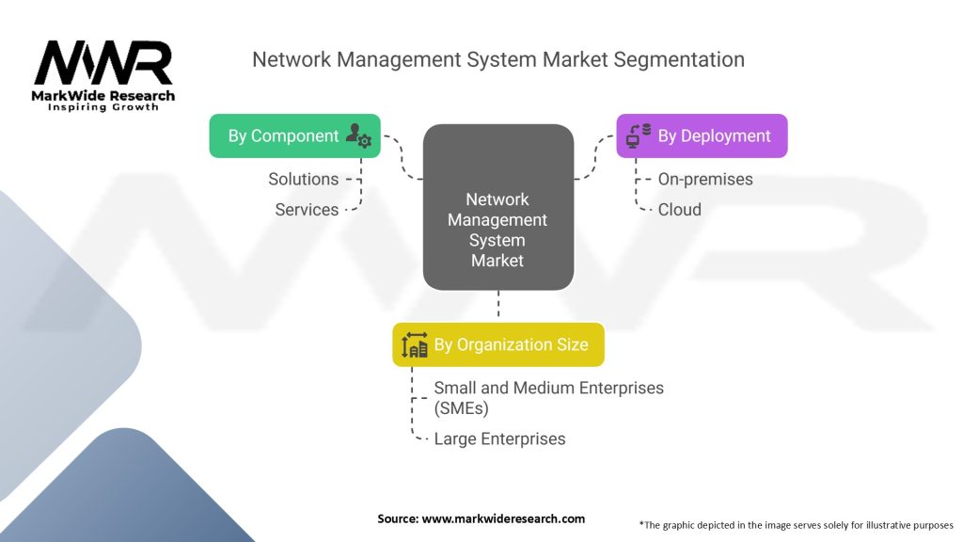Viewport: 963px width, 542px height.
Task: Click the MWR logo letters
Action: pyautogui.click(x=103, y=64)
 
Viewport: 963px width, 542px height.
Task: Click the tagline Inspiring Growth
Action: pyautogui.click(x=103, y=107)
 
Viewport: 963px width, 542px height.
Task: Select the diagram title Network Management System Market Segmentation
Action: pyautogui.click(x=497, y=59)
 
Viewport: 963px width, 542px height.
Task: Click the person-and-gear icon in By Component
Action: pyautogui.click(x=358, y=135)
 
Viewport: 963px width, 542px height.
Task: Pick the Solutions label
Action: pyautogui.click(x=303, y=179)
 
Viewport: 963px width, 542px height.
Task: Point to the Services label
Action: pyautogui.click(x=307, y=210)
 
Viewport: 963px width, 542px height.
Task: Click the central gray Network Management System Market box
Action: pyautogui.click(x=497, y=207)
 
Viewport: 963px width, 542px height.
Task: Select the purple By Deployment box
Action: pyautogui.click(x=702, y=135)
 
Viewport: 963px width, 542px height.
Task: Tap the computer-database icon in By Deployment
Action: pyautogui.click(x=639, y=135)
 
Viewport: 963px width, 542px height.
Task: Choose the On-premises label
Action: pyautogui.click(x=705, y=179)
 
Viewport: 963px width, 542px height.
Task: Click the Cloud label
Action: pyautogui.click(x=679, y=210)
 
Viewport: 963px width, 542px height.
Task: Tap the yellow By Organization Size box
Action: pyautogui.click(x=497, y=345)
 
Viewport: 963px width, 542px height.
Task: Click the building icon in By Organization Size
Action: pyautogui.click(x=415, y=345)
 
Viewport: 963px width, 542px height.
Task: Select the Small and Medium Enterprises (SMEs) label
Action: pyautogui.click(x=548, y=397)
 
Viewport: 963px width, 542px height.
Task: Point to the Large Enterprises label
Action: pyautogui.click(x=499, y=438)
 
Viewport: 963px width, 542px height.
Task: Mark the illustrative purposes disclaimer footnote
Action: pyautogui.click(x=796, y=524)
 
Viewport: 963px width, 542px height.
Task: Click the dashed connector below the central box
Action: pyautogui.click(x=497, y=307)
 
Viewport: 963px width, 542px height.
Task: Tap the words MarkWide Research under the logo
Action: pyautogui.click(x=103, y=95)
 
